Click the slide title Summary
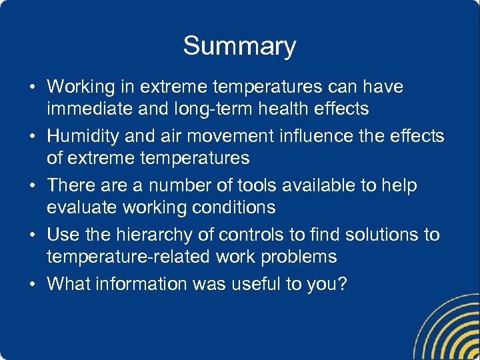[x=239, y=46]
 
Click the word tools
[x=241, y=185]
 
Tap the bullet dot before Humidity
[x=33, y=137]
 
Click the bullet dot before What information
[x=33, y=285]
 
